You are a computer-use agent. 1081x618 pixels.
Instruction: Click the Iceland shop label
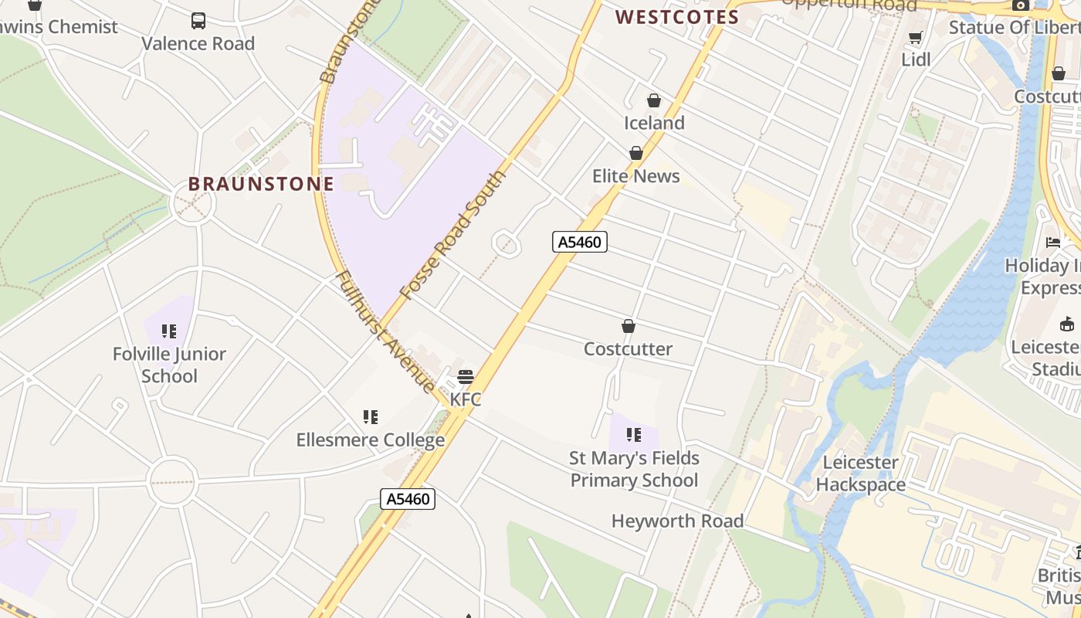tap(654, 123)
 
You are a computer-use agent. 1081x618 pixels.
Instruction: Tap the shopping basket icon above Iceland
tap(654, 100)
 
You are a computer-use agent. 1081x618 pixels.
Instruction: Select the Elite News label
tap(635, 176)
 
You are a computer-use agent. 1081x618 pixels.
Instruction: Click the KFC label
tap(466, 399)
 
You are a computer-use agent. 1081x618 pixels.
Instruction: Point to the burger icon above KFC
tap(466, 377)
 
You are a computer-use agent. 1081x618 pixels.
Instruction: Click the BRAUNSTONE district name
tap(261, 184)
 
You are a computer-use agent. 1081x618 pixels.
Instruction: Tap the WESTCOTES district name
tap(677, 17)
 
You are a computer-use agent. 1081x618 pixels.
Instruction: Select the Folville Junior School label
tap(169, 365)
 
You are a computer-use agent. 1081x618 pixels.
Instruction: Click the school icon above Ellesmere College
tap(371, 417)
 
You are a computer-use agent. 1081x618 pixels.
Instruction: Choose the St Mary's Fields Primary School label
tap(634, 469)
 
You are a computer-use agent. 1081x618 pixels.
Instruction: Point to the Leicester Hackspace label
tap(860, 474)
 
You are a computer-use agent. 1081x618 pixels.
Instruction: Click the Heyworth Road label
tap(677, 521)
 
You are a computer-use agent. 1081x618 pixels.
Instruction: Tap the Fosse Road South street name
tap(452, 236)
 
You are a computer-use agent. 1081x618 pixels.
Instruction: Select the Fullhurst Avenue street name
tap(385, 331)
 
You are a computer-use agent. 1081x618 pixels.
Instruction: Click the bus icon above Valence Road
tap(198, 21)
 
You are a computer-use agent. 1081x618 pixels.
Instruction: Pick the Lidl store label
tap(916, 59)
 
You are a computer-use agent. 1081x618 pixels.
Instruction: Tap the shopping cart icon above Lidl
tap(916, 37)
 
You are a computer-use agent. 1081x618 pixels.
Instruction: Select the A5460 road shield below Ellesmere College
tap(408, 499)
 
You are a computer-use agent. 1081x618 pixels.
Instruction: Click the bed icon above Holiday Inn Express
tap(1053, 243)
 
